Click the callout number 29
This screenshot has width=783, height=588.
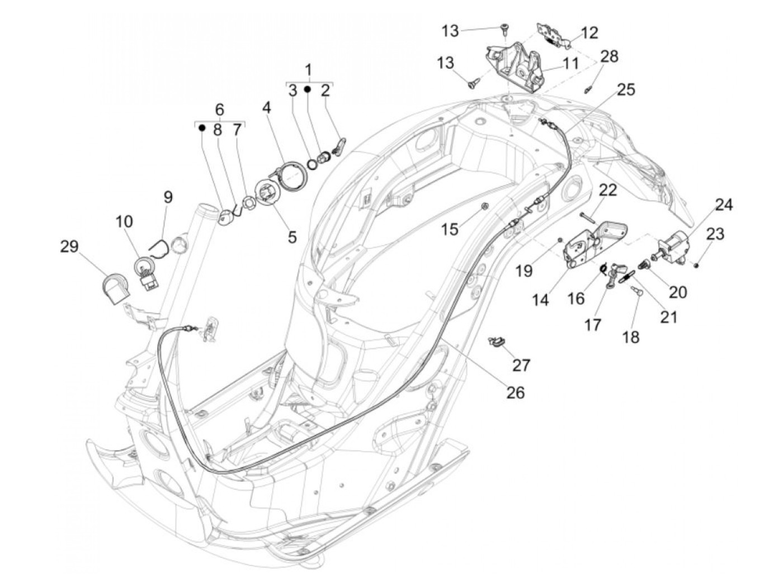[x=69, y=246]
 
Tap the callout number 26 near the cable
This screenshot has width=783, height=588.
[x=516, y=392]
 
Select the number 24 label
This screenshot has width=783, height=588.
[x=723, y=205]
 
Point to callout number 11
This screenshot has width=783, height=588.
[x=570, y=63]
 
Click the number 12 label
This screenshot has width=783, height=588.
[x=589, y=32]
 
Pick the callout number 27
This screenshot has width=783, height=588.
[x=521, y=365]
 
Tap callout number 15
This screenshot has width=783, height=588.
[x=465, y=229]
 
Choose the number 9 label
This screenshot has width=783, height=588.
[x=168, y=197]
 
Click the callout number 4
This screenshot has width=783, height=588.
[x=266, y=108]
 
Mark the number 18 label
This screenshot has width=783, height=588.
[x=631, y=337]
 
